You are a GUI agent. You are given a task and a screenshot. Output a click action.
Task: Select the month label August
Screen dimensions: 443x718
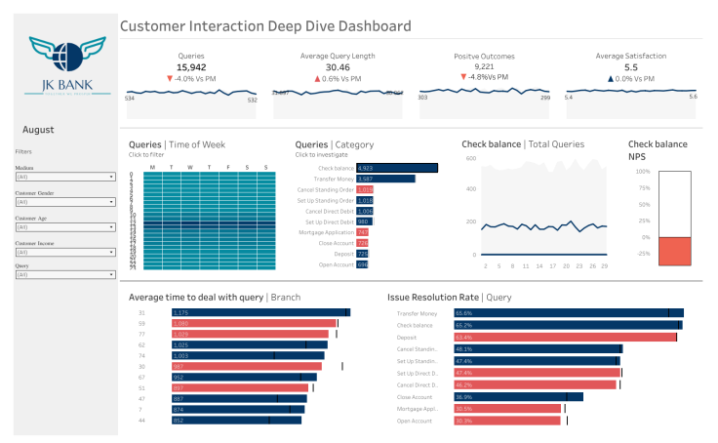tap(38, 130)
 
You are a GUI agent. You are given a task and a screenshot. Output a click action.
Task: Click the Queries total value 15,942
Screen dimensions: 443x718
tap(191, 67)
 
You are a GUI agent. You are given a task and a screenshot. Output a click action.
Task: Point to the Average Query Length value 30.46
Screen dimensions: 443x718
tap(338, 67)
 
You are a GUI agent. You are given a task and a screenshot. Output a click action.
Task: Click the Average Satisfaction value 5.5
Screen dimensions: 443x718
tap(631, 67)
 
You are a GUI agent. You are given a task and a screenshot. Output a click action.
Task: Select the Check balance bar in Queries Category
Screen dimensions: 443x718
tap(396, 168)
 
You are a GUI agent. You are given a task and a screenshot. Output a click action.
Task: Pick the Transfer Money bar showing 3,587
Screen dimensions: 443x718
tap(385, 179)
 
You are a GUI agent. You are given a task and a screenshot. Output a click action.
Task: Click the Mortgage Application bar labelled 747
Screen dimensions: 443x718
tap(362, 232)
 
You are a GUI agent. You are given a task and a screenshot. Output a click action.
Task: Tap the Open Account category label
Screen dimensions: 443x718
tap(337, 264)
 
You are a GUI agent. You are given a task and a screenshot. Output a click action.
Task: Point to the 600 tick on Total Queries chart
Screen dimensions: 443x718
tap(469, 157)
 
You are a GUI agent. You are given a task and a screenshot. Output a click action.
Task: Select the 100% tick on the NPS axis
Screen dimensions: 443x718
tap(643, 172)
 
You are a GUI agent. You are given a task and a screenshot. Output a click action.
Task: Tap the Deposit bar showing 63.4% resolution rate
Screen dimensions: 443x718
tap(564, 337)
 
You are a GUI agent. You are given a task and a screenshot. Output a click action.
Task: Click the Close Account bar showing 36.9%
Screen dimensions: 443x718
tap(517, 396)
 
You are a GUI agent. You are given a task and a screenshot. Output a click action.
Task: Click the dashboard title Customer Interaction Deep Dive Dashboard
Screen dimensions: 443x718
tap(265, 26)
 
